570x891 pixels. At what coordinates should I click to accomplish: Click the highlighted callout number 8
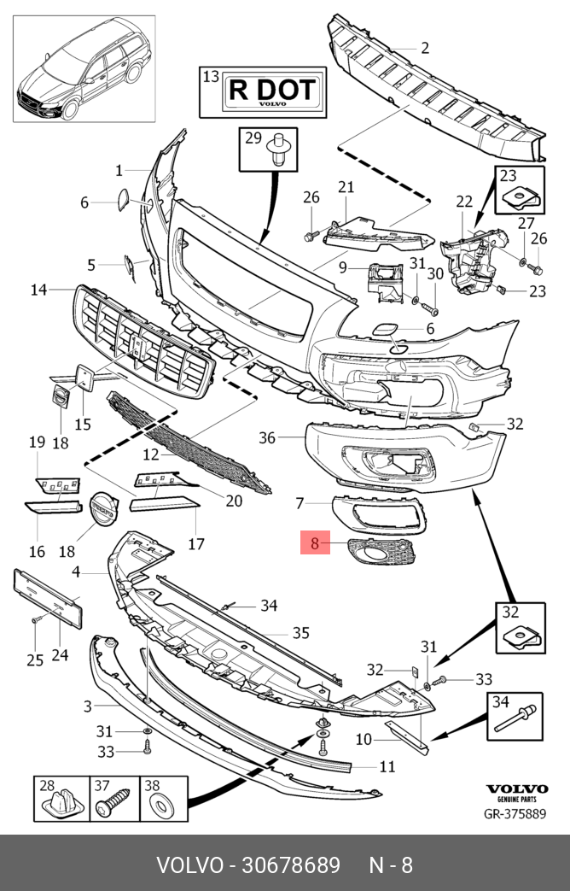(314, 542)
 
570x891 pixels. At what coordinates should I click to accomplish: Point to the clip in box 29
(277, 149)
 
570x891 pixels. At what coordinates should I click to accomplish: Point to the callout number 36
(267, 437)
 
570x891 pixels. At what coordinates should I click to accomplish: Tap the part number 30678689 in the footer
(247, 865)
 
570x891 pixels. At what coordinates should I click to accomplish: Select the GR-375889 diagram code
(515, 814)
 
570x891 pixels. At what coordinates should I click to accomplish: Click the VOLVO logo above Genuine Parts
(515, 788)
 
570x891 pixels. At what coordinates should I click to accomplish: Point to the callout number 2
(424, 48)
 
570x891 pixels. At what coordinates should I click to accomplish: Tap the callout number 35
(300, 633)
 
